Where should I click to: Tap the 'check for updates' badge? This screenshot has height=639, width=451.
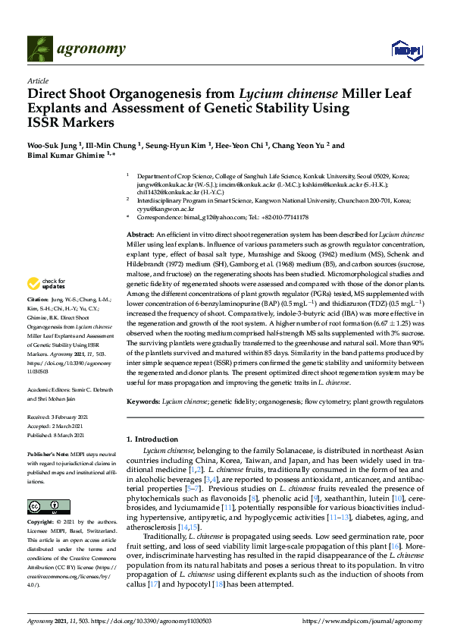[46, 284]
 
